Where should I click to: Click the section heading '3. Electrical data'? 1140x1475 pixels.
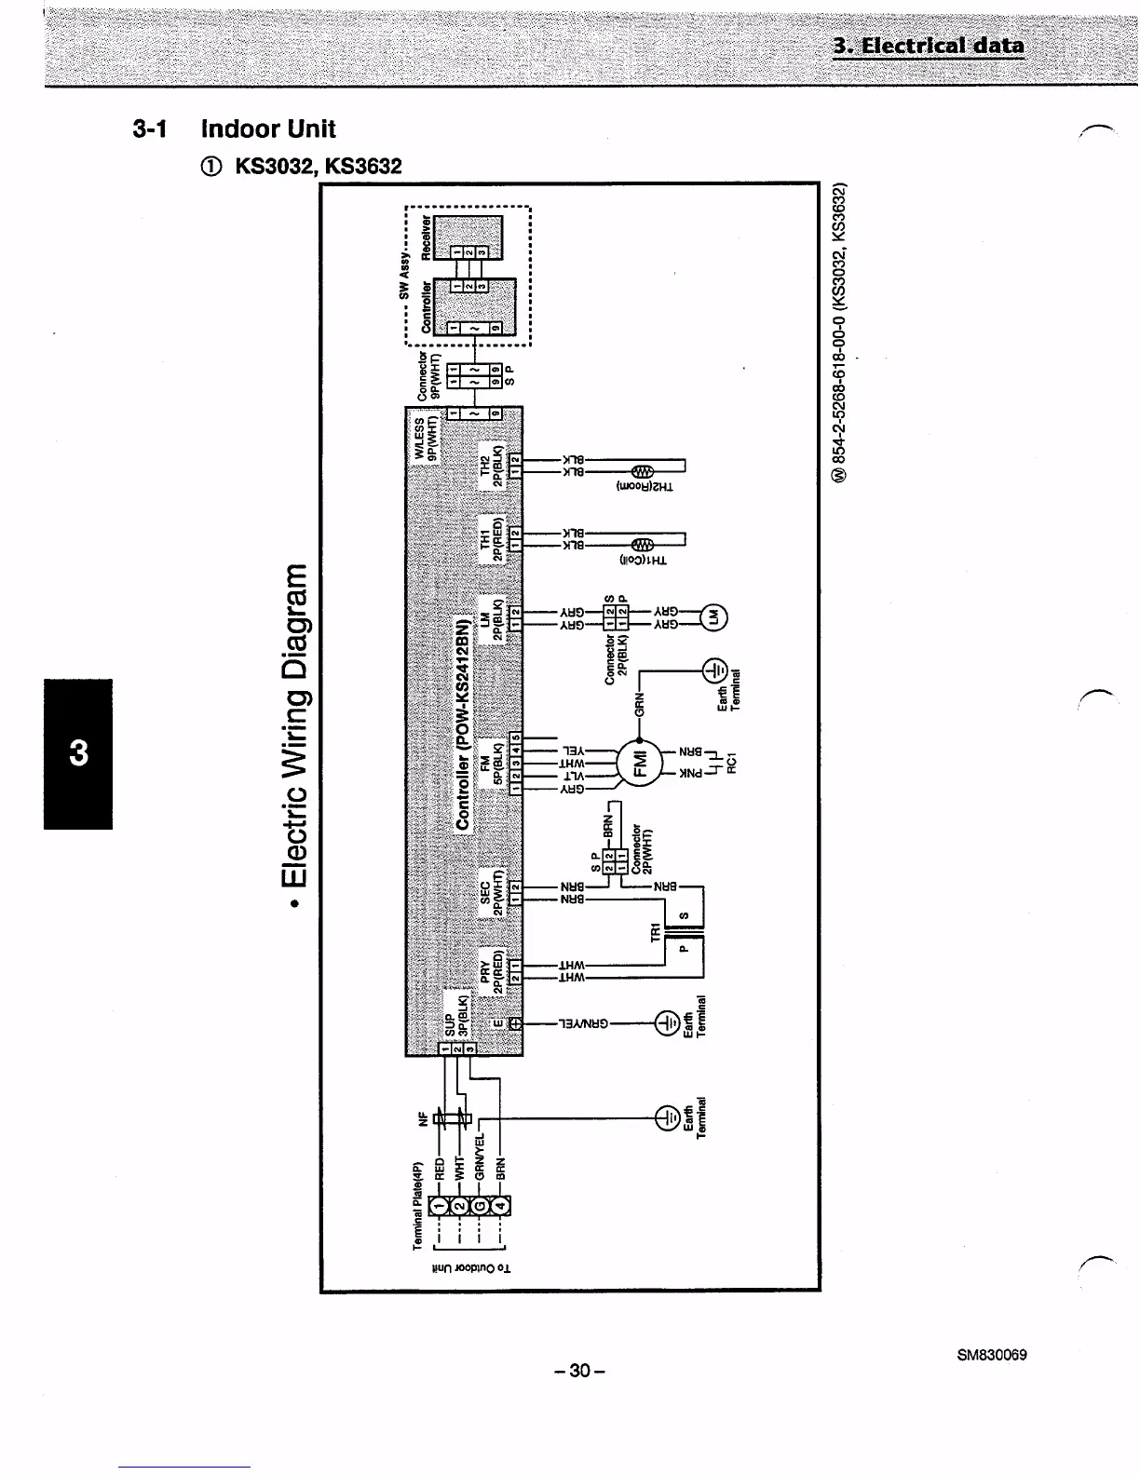click(x=929, y=46)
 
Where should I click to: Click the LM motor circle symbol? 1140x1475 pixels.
click(x=714, y=616)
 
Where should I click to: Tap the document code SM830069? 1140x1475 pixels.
click(x=991, y=1355)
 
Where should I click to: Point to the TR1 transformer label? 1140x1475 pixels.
click(x=655, y=930)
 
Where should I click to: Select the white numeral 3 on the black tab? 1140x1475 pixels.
click(x=78, y=752)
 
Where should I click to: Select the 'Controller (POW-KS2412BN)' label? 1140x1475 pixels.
click(x=461, y=722)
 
